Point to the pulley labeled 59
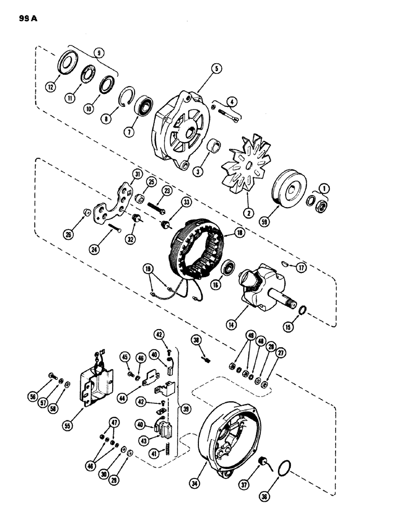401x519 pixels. tap(284, 182)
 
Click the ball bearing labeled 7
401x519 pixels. tap(144, 110)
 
